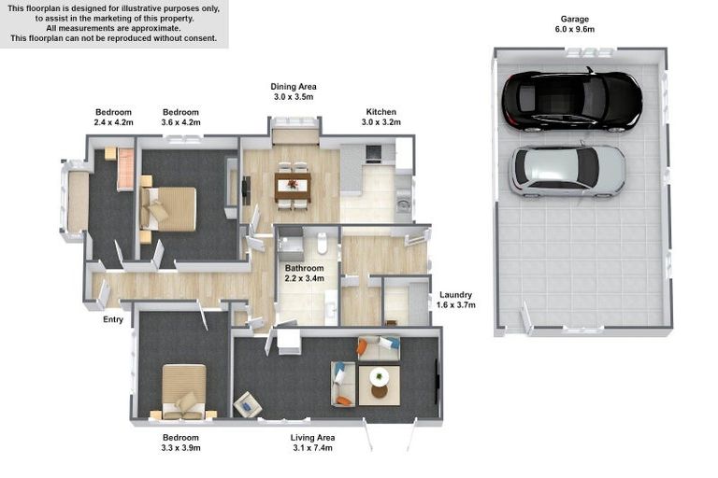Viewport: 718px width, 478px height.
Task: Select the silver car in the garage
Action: pyautogui.click(x=567, y=170)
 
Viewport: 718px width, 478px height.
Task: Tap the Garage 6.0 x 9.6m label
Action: pyautogui.click(x=577, y=24)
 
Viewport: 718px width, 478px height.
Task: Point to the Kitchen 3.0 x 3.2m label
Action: pyautogui.click(x=381, y=117)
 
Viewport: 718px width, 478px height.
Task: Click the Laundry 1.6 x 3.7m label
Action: pyautogui.click(x=456, y=300)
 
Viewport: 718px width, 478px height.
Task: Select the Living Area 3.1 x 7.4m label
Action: pyautogui.click(x=313, y=443)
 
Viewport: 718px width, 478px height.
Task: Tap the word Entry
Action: pyautogui.click(x=112, y=320)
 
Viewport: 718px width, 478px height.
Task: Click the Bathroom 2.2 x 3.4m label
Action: pyautogui.click(x=304, y=273)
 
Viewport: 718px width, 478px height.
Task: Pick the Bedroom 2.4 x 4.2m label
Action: pyautogui.click(x=114, y=117)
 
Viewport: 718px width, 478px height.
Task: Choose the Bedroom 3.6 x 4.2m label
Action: pyautogui.click(x=180, y=117)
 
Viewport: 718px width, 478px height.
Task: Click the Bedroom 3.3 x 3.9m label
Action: pyautogui.click(x=181, y=443)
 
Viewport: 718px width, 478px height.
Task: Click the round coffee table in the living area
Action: pyautogui.click(x=380, y=378)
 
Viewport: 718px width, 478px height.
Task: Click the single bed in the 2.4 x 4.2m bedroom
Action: pyautogui.click(x=124, y=169)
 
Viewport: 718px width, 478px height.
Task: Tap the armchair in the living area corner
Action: pyautogui.click(x=248, y=403)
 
